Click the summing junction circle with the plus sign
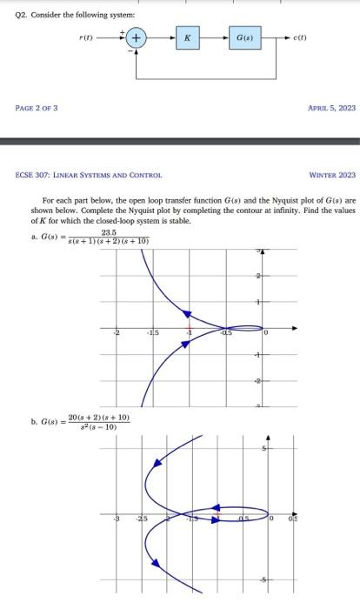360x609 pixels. coord(137,38)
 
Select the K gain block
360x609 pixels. coord(188,38)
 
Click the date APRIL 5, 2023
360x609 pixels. coord(332,109)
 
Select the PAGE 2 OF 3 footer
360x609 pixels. coord(37,109)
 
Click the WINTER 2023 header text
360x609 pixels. coord(332,176)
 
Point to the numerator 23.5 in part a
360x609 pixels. coord(109,232)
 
